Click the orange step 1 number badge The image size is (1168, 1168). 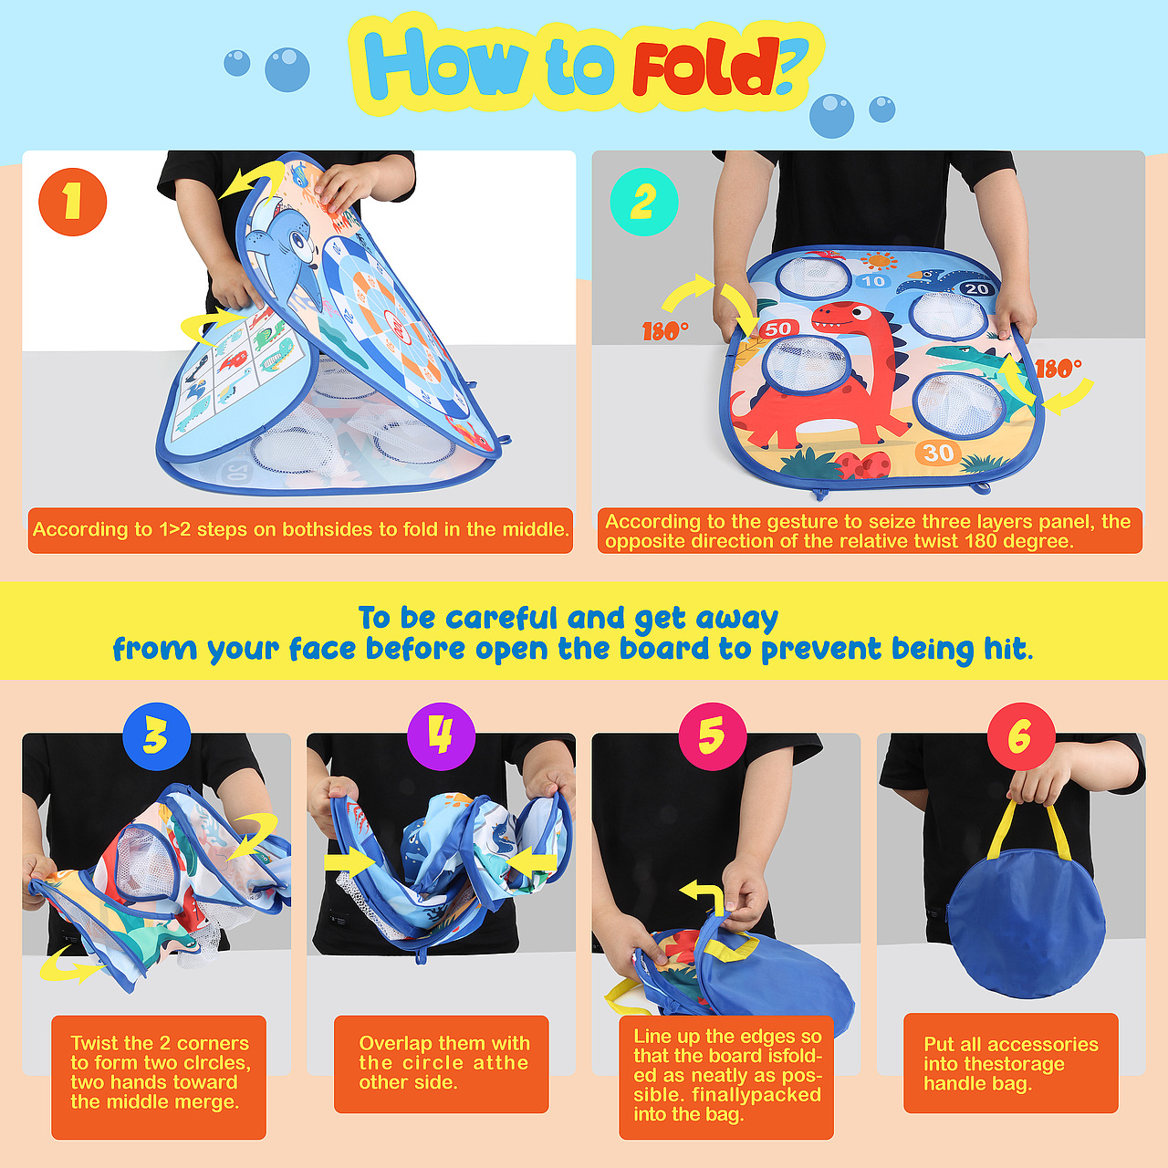pos(73,202)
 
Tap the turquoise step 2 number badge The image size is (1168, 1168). pos(643,202)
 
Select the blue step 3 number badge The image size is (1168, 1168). pos(156,736)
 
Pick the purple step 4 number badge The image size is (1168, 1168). pos(442,736)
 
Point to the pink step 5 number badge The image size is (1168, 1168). pos(712,736)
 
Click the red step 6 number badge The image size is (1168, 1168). pos(1021,736)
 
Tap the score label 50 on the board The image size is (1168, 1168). pos(777,328)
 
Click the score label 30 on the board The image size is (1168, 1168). pos(938,453)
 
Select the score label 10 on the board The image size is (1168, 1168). pos(873,281)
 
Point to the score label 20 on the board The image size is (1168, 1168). pos(975,289)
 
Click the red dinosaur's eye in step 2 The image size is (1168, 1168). pos(860,312)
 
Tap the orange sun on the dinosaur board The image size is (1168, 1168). pos(879,261)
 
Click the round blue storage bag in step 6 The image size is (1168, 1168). pos(1027,923)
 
